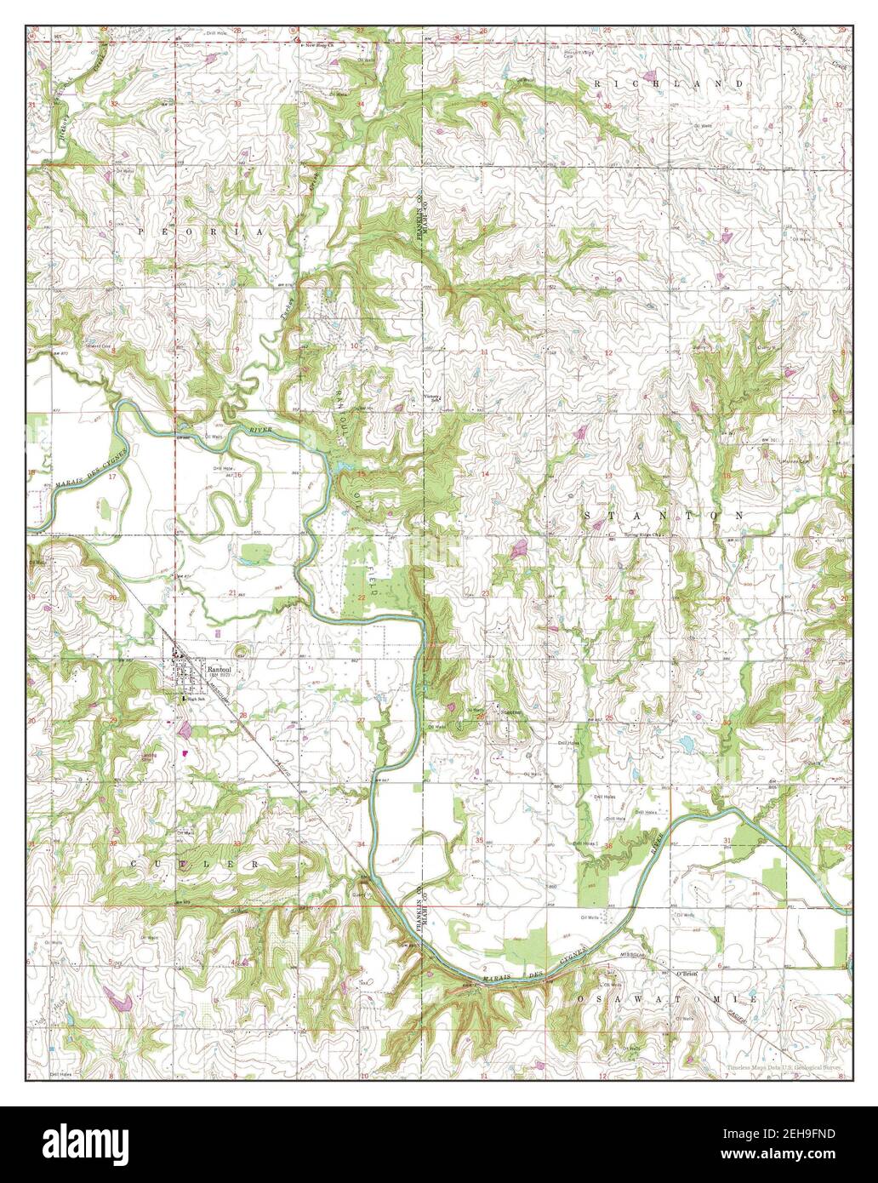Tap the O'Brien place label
tap(686, 974)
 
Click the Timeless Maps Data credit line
tap(783, 1066)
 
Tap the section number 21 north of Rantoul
tap(231, 592)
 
